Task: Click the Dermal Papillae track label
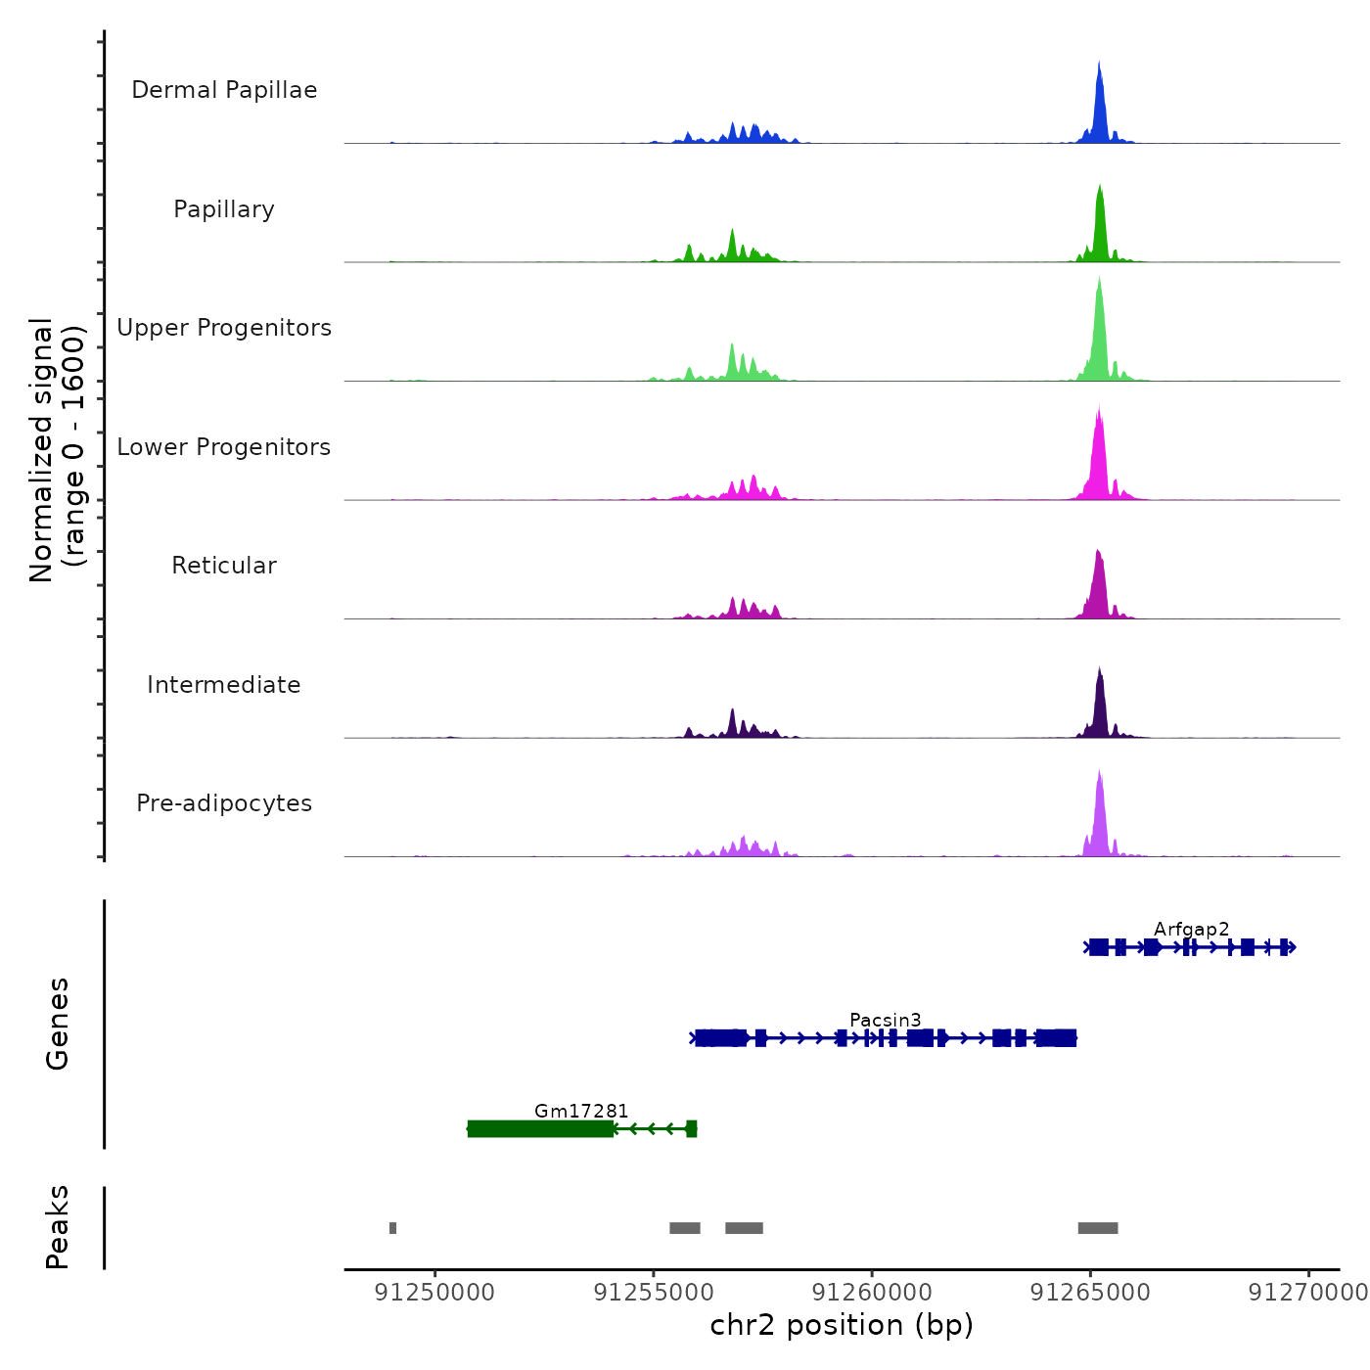point(224,90)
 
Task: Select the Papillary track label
point(224,209)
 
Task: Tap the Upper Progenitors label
point(224,328)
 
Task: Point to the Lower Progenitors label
point(224,447)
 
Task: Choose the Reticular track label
point(224,566)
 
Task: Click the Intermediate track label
point(224,685)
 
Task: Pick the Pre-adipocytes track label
point(224,803)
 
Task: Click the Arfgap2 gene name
point(1191,930)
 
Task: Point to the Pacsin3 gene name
point(885,1021)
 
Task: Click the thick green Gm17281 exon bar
point(540,1129)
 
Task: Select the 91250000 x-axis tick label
point(435,1293)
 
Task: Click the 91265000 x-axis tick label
point(1090,1293)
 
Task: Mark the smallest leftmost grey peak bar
point(392,1228)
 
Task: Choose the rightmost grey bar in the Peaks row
point(1097,1228)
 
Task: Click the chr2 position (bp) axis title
point(842,1325)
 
